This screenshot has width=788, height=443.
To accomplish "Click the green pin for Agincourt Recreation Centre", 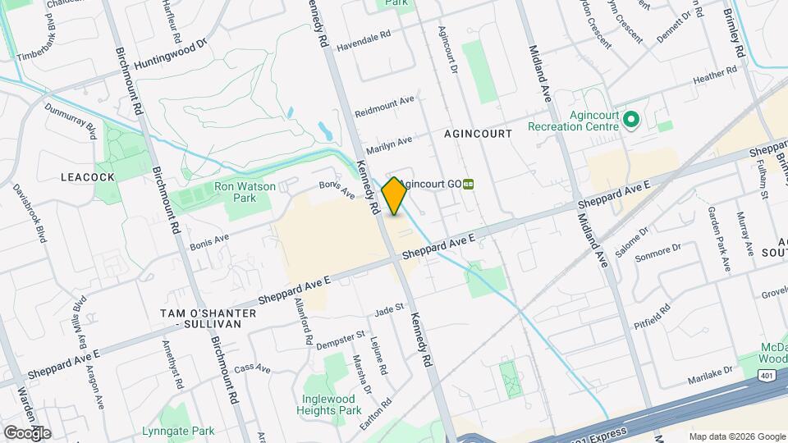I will (630, 121).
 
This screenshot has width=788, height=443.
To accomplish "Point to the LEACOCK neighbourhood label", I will (86, 176).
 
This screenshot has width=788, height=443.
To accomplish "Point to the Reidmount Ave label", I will (385, 105).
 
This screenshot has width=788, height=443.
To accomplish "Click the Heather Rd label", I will (715, 78).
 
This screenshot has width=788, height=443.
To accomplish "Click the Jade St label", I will (389, 308).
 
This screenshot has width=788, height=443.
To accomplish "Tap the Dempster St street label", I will (340, 337).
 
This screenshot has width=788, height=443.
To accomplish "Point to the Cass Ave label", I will (252, 369).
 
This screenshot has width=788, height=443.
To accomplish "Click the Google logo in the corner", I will (27, 432).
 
